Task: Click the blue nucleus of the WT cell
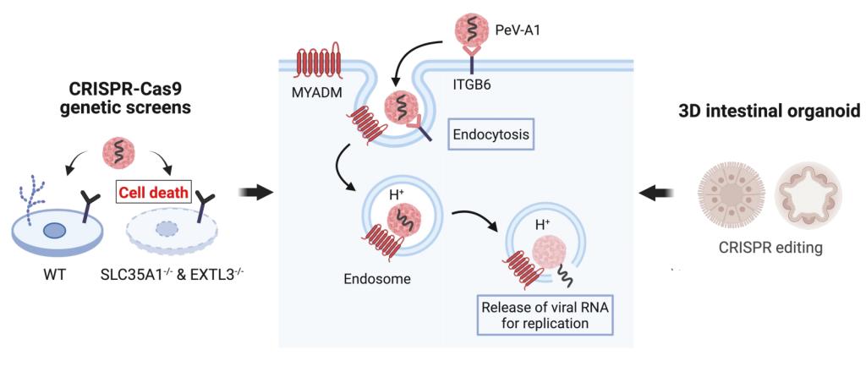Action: [58, 230]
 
